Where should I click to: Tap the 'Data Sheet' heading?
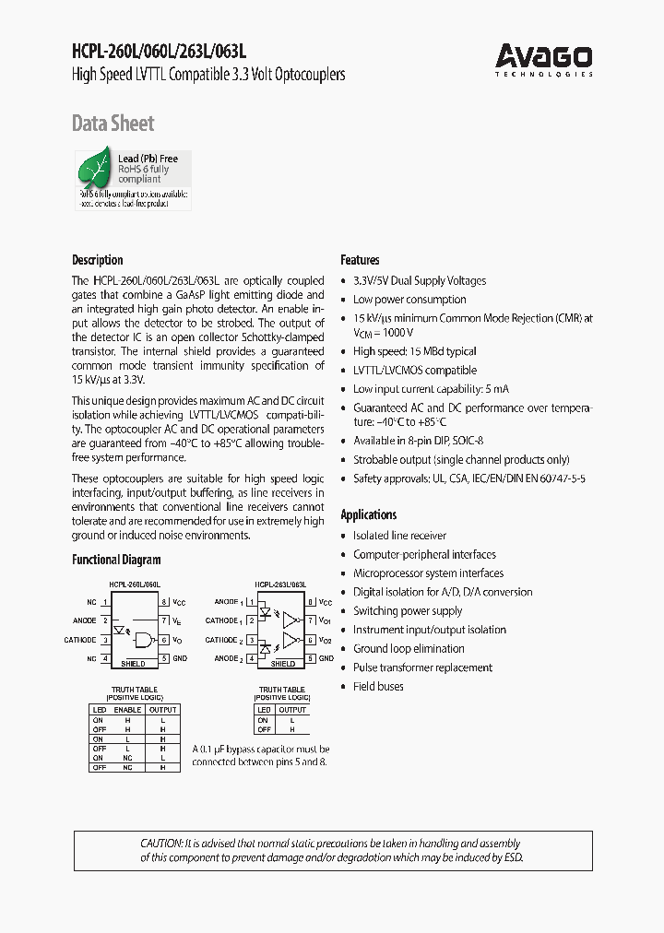pyautogui.click(x=113, y=124)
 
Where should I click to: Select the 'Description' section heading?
pyautogui.click(x=97, y=260)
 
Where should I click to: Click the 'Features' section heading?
pyautogui.click(x=360, y=260)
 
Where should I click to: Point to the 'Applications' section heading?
pyautogui.click(x=368, y=514)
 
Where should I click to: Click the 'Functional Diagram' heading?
pyautogui.click(x=116, y=560)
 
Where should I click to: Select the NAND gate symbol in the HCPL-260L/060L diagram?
pyautogui.click(x=144, y=640)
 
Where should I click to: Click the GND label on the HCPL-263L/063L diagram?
pyautogui.click(x=325, y=658)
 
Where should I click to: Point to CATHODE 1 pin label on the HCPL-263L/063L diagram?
pyautogui.click(x=224, y=620)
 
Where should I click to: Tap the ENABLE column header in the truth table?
pyautogui.click(x=127, y=710)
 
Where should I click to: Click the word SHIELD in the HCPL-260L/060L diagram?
pyautogui.click(x=134, y=664)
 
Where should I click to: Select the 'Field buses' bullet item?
pyautogui.click(x=378, y=686)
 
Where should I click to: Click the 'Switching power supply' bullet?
pyautogui.click(x=408, y=611)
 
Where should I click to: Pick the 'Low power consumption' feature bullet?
pyautogui.click(x=409, y=300)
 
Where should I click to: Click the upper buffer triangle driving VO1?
pyautogui.click(x=290, y=620)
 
